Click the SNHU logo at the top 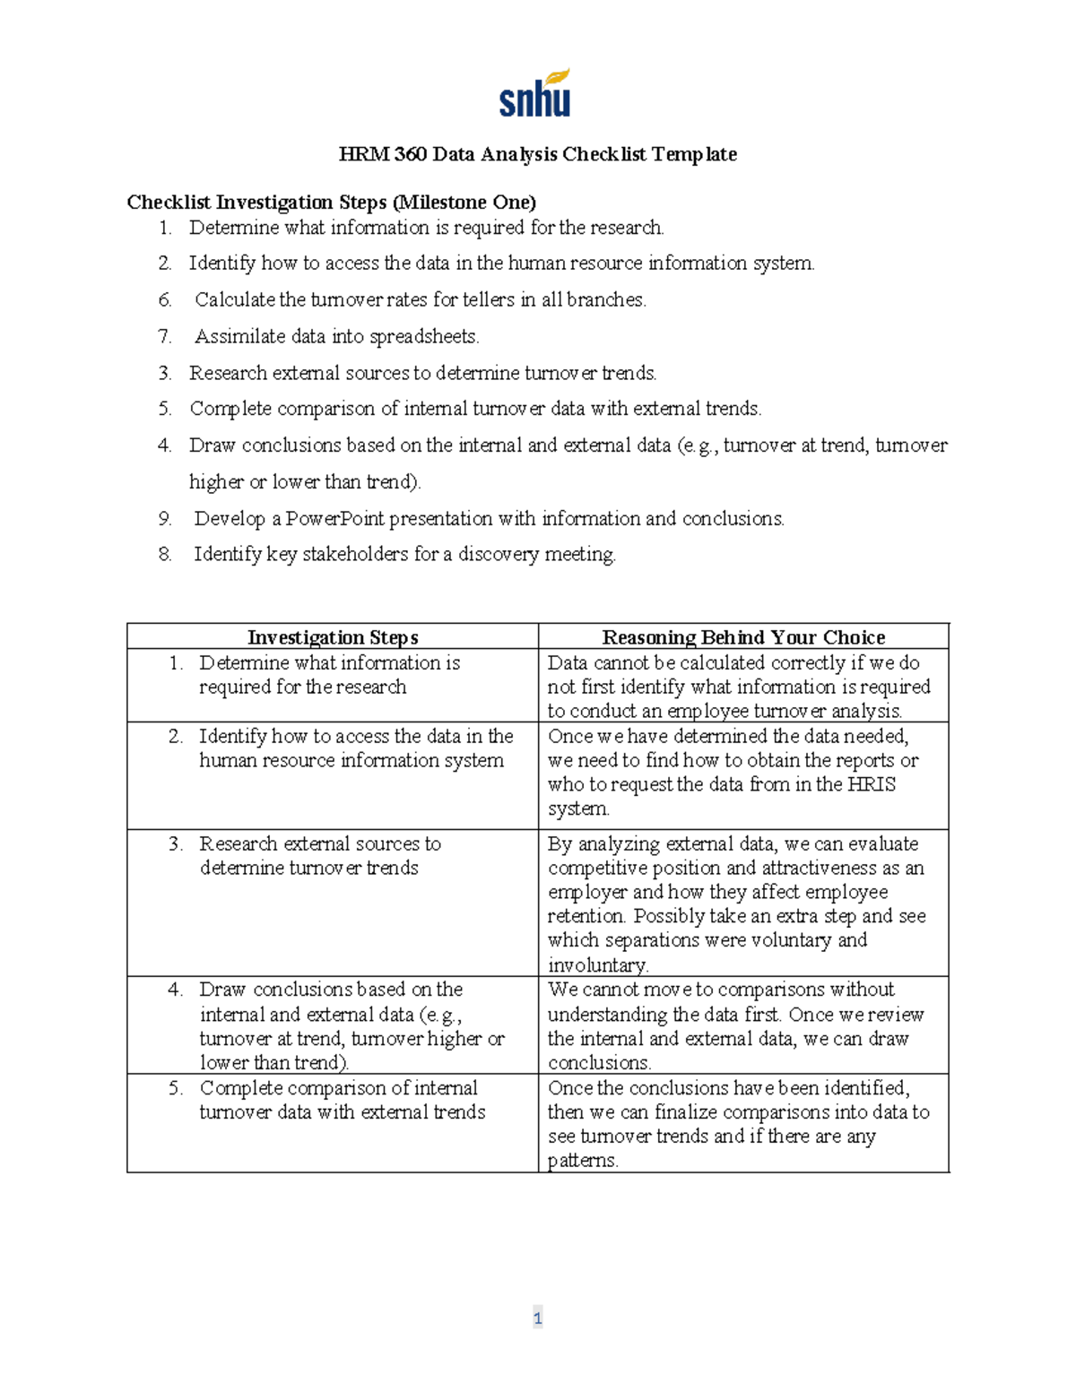point(535,94)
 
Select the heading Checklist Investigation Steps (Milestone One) point(331,202)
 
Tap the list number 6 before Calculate point(165,300)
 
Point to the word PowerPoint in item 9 point(334,519)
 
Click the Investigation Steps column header point(333,637)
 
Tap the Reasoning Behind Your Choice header point(743,637)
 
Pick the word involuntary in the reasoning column point(596,965)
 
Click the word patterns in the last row point(582,1161)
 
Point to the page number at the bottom point(537,1318)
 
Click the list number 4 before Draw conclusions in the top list point(164,445)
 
